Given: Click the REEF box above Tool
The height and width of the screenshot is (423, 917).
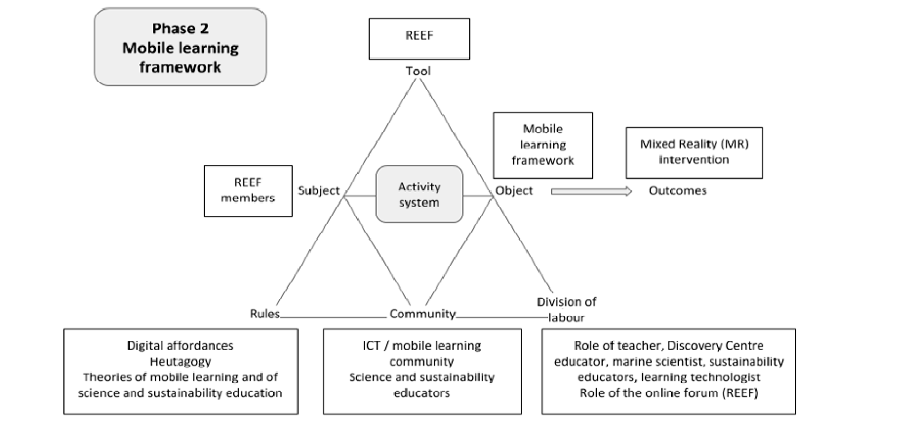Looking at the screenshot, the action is click(419, 39).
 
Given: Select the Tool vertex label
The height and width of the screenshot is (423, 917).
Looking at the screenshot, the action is click(418, 71).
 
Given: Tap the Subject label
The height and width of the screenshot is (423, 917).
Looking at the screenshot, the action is click(319, 190).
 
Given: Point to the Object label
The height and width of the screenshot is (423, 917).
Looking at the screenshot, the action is click(514, 190).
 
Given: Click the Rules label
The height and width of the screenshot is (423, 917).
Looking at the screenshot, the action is click(265, 313).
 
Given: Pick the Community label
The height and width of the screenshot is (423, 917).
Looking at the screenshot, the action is click(423, 314).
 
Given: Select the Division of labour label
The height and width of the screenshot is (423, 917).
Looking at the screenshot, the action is click(567, 309).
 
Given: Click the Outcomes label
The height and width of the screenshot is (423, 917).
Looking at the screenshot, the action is click(678, 190).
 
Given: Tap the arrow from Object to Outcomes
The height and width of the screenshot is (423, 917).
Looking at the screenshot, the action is click(592, 191).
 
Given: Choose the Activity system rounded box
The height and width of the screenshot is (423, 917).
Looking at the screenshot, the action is click(419, 194).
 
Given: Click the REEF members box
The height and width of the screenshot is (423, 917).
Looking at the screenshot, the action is click(248, 191).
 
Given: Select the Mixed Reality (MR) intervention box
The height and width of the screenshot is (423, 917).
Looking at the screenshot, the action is click(694, 153).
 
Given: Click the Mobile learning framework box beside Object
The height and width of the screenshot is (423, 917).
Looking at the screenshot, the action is click(543, 145).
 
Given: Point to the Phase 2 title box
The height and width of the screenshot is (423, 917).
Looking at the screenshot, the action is click(180, 47).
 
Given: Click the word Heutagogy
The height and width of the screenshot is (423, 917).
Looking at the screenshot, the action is click(180, 361).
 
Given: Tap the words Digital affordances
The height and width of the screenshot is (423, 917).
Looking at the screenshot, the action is click(180, 346).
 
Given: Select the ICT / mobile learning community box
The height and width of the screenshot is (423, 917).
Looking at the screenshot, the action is click(422, 371).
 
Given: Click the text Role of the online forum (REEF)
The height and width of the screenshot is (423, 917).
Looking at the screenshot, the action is click(669, 393).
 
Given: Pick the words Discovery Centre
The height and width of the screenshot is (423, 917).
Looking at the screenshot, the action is click(716, 346).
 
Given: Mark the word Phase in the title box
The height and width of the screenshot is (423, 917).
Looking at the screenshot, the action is click(169, 29).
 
